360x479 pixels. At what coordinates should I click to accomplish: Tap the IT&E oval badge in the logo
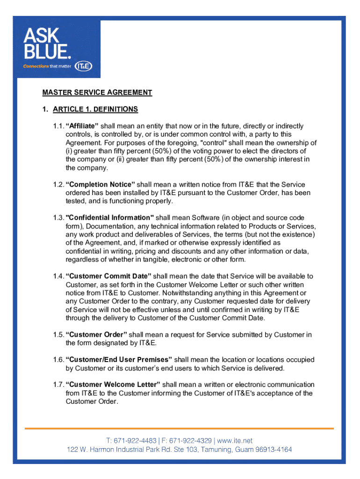tap(83, 66)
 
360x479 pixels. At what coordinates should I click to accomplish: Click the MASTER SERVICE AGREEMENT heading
tap(97, 93)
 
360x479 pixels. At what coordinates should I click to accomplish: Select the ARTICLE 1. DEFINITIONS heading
tap(95, 109)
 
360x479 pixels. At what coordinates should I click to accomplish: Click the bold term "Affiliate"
tap(82, 126)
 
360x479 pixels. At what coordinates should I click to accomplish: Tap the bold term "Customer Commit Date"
tap(108, 276)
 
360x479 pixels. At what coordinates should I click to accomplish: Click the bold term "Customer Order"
tap(96, 335)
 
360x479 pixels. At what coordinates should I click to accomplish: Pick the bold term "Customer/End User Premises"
tap(119, 360)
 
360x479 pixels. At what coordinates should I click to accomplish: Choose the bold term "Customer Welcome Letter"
tap(113, 385)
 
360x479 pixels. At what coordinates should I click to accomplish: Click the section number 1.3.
tap(58, 218)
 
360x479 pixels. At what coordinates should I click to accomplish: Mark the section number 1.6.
tap(58, 360)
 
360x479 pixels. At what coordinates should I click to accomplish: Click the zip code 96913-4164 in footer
tap(274, 450)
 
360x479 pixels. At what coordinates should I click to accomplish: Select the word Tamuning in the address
tap(215, 450)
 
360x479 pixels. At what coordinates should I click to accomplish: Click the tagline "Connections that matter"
tap(47, 66)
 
